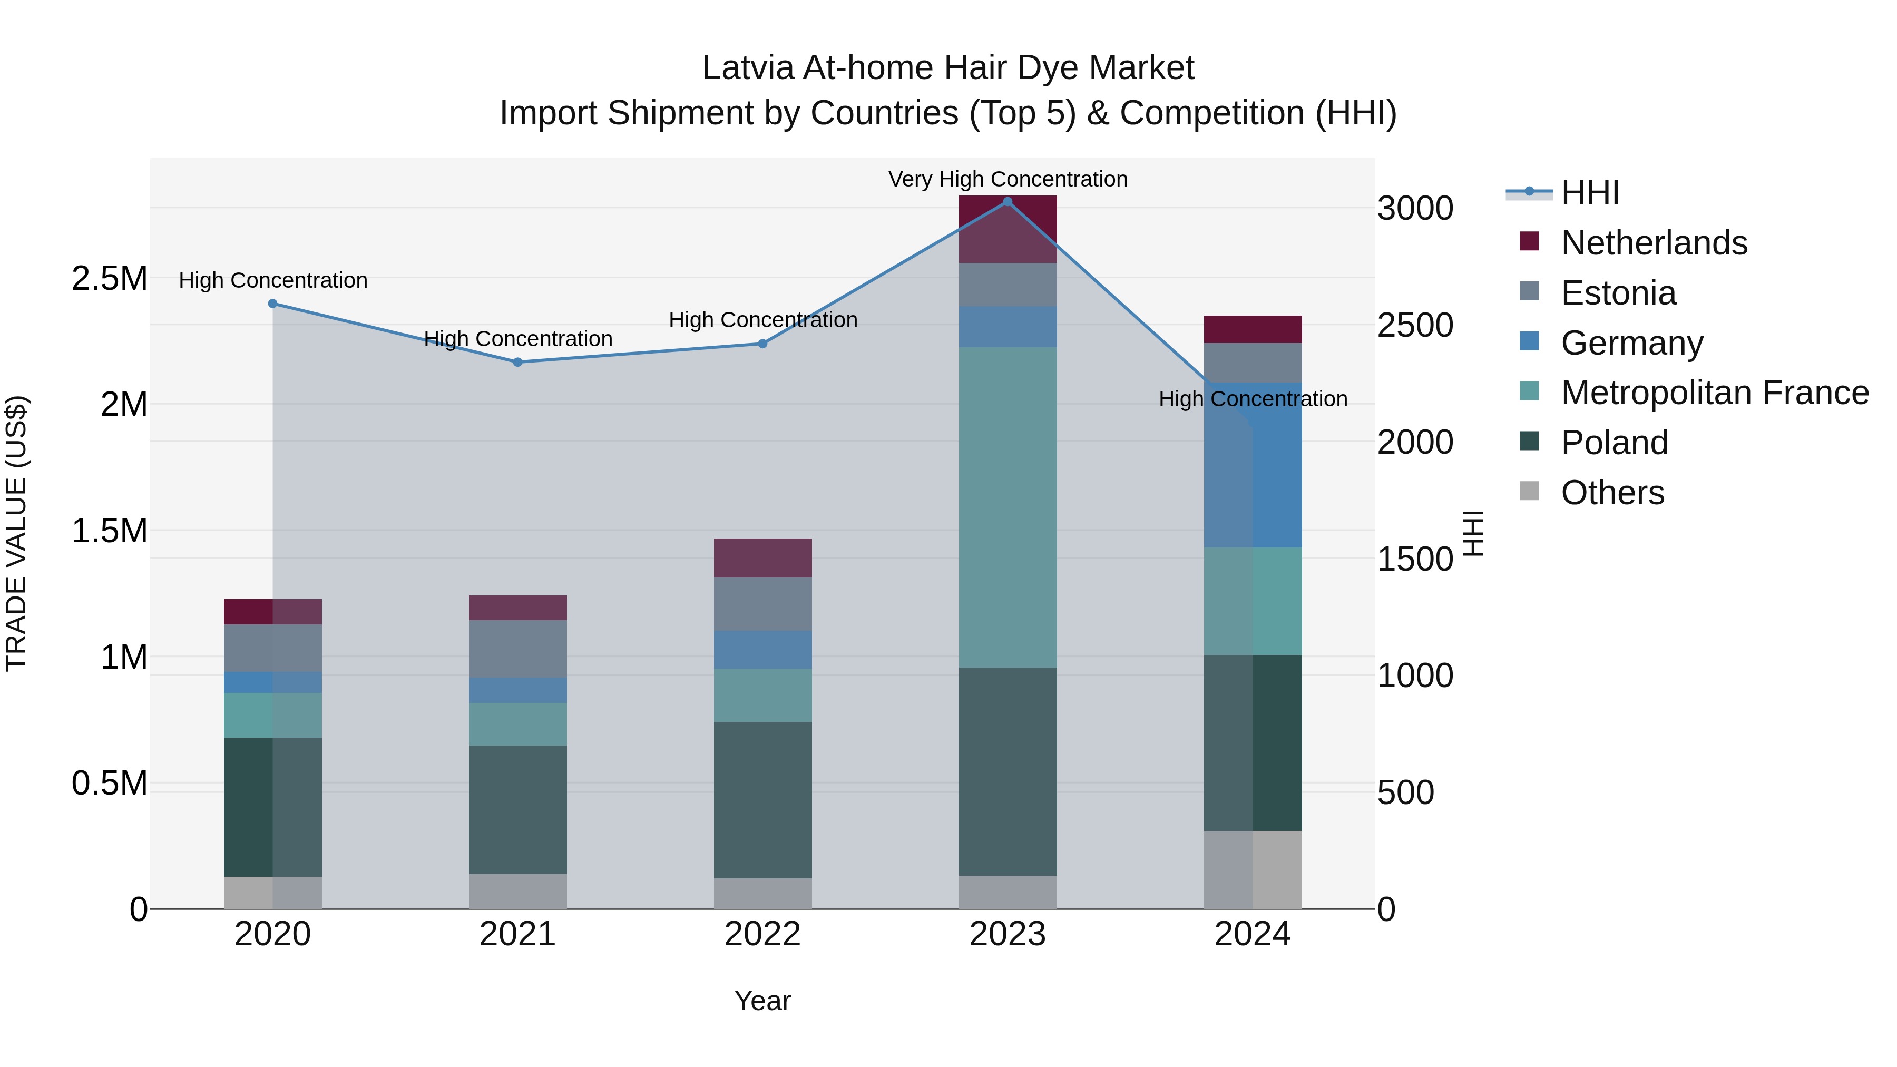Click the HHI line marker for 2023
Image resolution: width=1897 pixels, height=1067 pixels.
point(1008,202)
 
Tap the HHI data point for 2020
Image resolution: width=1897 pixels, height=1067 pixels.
point(272,304)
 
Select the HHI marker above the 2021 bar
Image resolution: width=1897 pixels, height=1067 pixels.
point(517,363)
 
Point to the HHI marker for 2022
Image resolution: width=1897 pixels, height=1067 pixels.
point(763,344)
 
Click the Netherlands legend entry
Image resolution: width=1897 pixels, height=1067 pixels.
point(1653,243)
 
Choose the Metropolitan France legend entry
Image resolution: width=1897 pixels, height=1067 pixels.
point(1714,393)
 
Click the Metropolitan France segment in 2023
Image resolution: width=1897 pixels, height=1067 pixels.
point(1008,507)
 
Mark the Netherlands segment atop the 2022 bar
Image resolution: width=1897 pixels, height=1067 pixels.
point(763,557)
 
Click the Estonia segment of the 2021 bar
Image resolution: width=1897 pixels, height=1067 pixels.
point(517,648)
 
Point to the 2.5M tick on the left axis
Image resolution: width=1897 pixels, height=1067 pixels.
point(109,278)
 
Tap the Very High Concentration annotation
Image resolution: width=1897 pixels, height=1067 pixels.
point(1008,179)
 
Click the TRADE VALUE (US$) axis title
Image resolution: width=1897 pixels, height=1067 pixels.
point(16,533)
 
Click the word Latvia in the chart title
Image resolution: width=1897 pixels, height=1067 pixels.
point(747,68)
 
